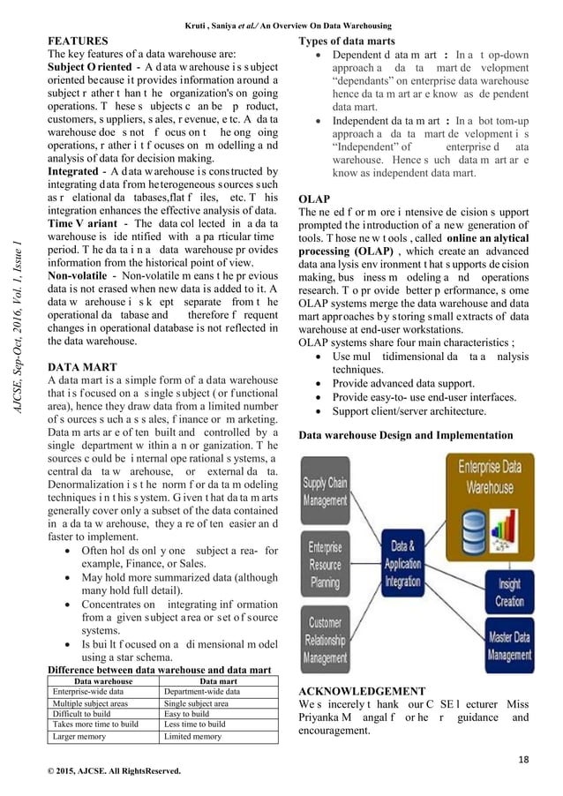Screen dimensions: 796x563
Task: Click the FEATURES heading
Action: (x=79, y=41)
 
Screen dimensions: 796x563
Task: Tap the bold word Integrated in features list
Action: (x=74, y=169)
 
